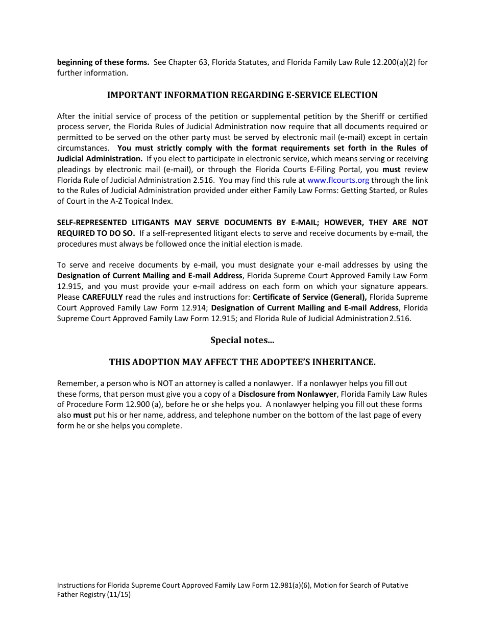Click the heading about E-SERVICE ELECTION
tap(242, 95)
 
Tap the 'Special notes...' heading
tap(242, 340)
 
